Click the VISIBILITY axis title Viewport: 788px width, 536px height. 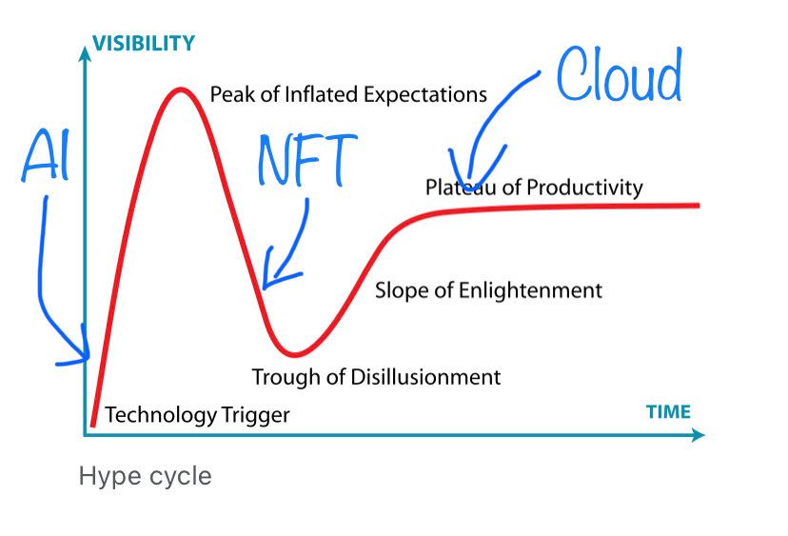coord(144,43)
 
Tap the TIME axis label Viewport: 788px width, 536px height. coord(668,412)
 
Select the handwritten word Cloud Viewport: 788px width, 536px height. coord(620,74)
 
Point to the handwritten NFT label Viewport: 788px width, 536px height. coord(307,160)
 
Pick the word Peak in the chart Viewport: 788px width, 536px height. coord(232,94)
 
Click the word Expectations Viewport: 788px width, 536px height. coord(425,95)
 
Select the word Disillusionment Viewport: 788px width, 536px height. coord(425,377)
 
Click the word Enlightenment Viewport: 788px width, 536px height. coord(531,290)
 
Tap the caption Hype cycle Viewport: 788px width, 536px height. coord(146,476)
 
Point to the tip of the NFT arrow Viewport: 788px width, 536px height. coord(264,288)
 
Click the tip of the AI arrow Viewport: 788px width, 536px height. coord(89,358)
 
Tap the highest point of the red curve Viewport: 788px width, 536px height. coord(180,89)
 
